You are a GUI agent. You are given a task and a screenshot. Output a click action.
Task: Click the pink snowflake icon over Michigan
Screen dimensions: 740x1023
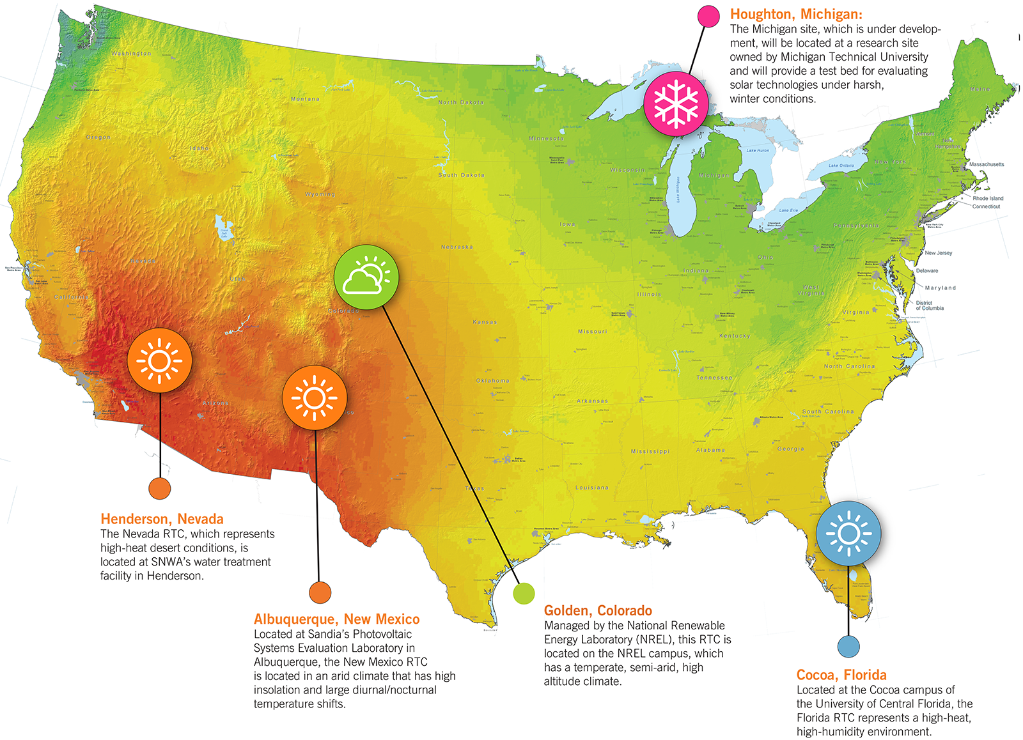pyautogui.click(x=676, y=103)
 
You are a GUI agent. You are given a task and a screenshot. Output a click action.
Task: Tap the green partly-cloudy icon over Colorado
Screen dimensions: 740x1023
pyautogui.click(x=366, y=277)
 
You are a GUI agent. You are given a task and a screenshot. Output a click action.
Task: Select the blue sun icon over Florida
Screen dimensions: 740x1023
pyautogui.click(x=848, y=533)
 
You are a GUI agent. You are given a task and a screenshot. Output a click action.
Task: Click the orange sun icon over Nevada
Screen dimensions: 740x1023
pyautogui.click(x=159, y=360)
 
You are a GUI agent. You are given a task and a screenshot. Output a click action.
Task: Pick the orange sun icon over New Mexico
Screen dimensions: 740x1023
pyautogui.click(x=315, y=397)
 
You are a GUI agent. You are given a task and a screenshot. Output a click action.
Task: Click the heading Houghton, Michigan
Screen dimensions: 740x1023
pyautogui.click(x=796, y=14)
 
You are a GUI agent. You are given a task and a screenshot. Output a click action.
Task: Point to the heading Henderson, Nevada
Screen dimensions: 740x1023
pyautogui.click(x=162, y=519)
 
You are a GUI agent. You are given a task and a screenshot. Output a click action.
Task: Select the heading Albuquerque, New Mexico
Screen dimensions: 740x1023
pyautogui.click(x=336, y=619)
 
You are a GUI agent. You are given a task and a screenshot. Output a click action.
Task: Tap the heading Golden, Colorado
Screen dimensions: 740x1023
pyautogui.click(x=598, y=610)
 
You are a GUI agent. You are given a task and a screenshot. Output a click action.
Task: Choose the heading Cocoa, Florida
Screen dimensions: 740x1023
pyautogui.click(x=841, y=675)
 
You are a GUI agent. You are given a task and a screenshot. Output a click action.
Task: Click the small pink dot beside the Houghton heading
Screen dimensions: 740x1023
pyautogui.click(x=708, y=16)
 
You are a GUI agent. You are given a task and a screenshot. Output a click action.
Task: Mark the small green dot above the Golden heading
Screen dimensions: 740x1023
pyautogui.click(x=524, y=594)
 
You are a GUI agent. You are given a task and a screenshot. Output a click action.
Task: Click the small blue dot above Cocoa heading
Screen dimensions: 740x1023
pyautogui.click(x=848, y=646)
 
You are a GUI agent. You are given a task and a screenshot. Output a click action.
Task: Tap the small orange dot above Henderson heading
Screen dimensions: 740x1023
pyautogui.click(x=159, y=488)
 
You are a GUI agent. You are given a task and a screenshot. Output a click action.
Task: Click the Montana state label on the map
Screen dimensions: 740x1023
pyautogui.click(x=305, y=99)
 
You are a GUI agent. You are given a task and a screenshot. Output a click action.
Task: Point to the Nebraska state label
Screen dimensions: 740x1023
pyautogui.click(x=457, y=247)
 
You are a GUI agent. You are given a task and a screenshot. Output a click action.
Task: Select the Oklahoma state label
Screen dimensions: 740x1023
pyautogui.click(x=492, y=380)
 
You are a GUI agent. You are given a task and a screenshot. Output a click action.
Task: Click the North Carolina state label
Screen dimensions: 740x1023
pyautogui.click(x=849, y=366)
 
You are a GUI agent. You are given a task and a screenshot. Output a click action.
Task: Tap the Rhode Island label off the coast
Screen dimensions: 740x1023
pyautogui.click(x=988, y=198)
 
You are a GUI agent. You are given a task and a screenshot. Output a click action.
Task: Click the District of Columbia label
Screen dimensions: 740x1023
pyautogui.click(x=929, y=305)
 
